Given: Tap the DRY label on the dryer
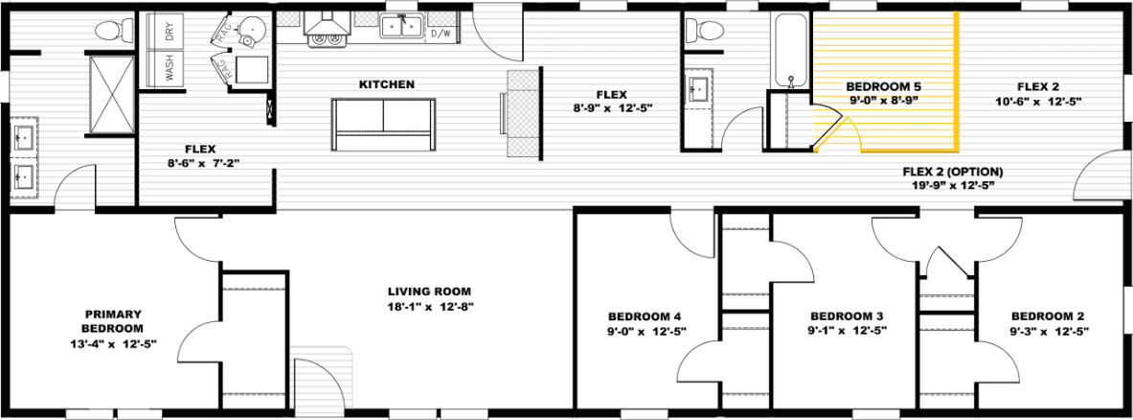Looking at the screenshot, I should (x=170, y=32).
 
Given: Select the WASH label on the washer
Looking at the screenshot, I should (x=170, y=68).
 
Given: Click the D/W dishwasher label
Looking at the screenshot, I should (x=440, y=34).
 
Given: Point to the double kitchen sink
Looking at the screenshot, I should (x=401, y=27).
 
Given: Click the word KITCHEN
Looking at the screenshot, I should (x=386, y=84).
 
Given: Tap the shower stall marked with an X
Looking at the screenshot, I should (x=111, y=92).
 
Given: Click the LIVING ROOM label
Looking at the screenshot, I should (x=429, y=292).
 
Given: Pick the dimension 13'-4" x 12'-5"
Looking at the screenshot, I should (x=113, y=342).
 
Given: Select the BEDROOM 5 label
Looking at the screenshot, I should (x=884, y=86).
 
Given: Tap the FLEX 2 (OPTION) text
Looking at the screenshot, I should (x=952, y=172).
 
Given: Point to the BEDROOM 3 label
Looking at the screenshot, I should (x=847, y=315).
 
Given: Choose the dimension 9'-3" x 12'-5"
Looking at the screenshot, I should (x=1049, y=331).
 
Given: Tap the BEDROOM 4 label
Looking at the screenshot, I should (x=645, y=315).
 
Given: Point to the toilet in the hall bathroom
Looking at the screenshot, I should (x=710, y=30).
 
